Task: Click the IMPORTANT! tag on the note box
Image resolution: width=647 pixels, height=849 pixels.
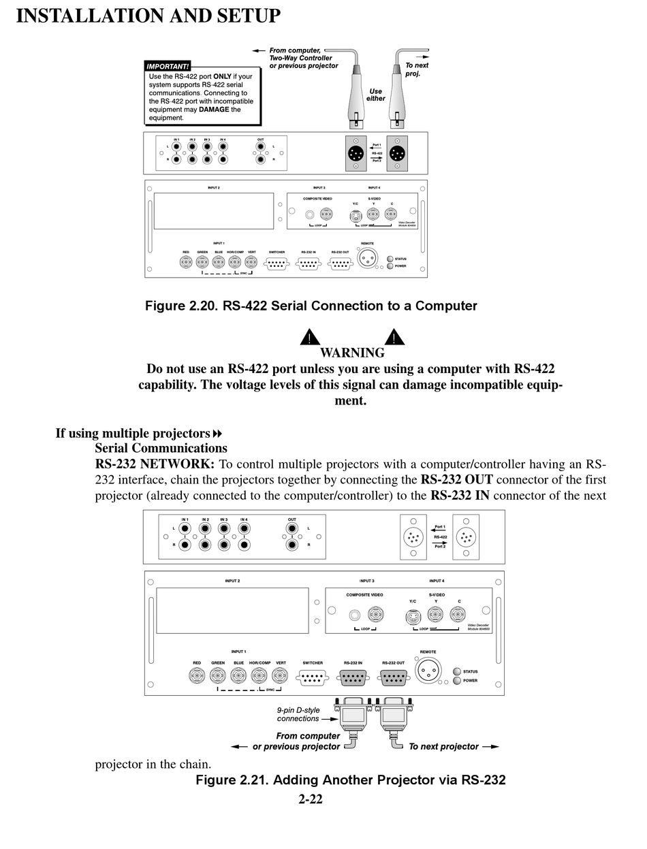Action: (168, 66)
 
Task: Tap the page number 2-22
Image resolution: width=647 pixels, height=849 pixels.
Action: (310, 799)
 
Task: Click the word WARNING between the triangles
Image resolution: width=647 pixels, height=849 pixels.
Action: (352, 353)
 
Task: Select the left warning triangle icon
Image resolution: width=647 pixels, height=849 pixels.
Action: (310, 338)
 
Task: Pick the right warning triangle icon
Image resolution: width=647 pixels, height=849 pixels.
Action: (394, 338)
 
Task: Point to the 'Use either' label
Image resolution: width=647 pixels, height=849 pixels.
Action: (375, 95)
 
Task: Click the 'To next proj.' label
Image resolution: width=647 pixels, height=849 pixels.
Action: (417, 69)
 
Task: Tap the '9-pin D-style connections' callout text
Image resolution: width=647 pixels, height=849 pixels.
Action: (298, 714)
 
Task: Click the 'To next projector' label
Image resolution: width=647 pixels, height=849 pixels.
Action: (443, 747)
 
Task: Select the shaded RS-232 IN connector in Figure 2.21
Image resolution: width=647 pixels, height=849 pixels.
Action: (352, 677)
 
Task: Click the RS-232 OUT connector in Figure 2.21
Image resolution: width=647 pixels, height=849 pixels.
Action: (393, 677)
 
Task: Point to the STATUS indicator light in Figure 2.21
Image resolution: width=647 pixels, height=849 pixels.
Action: (456, 671)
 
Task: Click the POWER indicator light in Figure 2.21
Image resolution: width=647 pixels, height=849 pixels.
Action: (456, 681)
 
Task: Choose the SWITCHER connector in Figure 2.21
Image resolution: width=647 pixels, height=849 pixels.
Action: (312, 678)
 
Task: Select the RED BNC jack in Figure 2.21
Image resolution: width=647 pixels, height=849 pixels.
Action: (197, 676)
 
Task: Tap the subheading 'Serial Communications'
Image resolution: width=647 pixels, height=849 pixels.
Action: (161, 448)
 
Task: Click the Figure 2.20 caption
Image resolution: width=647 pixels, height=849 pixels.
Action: (311, 306)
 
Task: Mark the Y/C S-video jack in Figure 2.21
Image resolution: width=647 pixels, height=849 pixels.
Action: (413, 617)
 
